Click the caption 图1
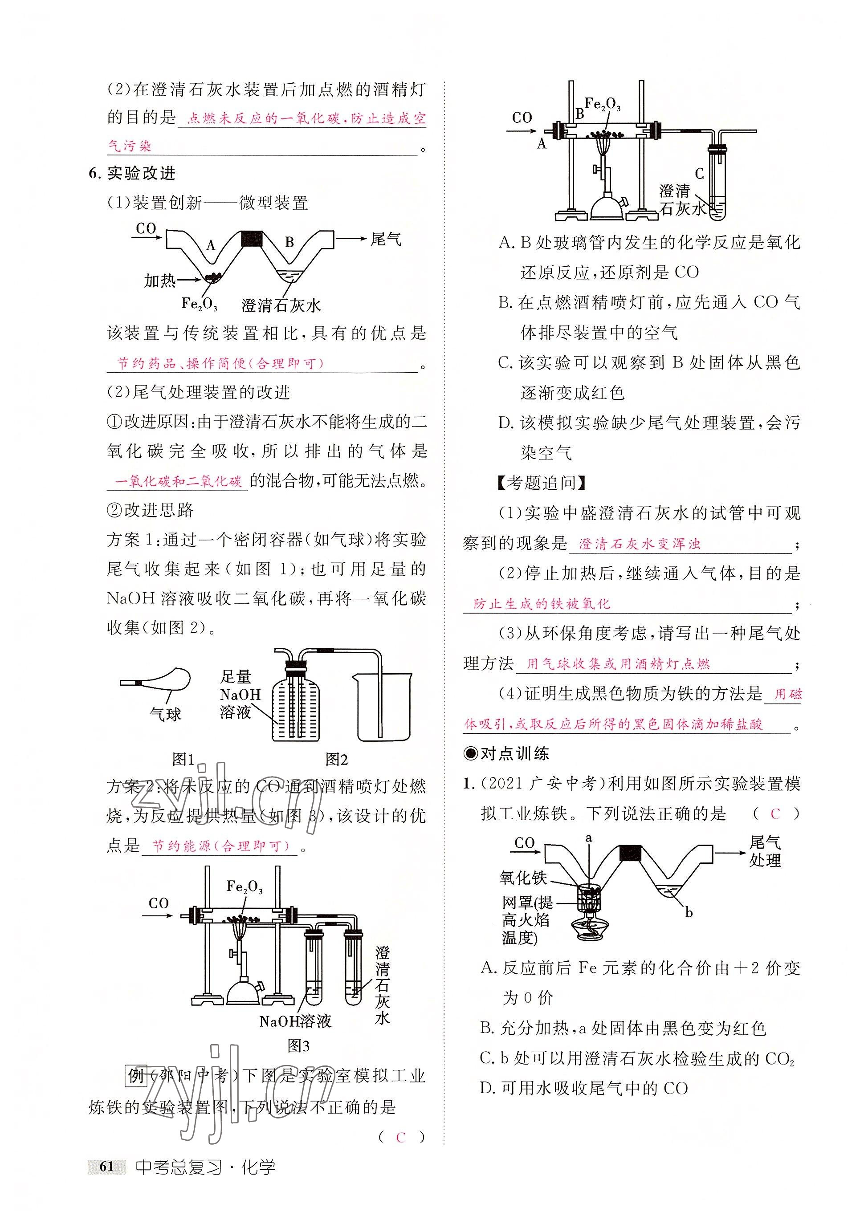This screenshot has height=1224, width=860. [183, 759]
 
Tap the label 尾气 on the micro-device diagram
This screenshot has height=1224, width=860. [386, 240]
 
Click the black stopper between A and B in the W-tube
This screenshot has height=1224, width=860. [252, 238]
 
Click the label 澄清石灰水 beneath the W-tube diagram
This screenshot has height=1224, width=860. [281, 305]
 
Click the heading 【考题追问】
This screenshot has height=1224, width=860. [541, 483]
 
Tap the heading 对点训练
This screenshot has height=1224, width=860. [508, 753]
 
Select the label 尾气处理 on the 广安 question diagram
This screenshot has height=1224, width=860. [765, 851]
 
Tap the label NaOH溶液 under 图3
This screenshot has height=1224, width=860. [295, 1021]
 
